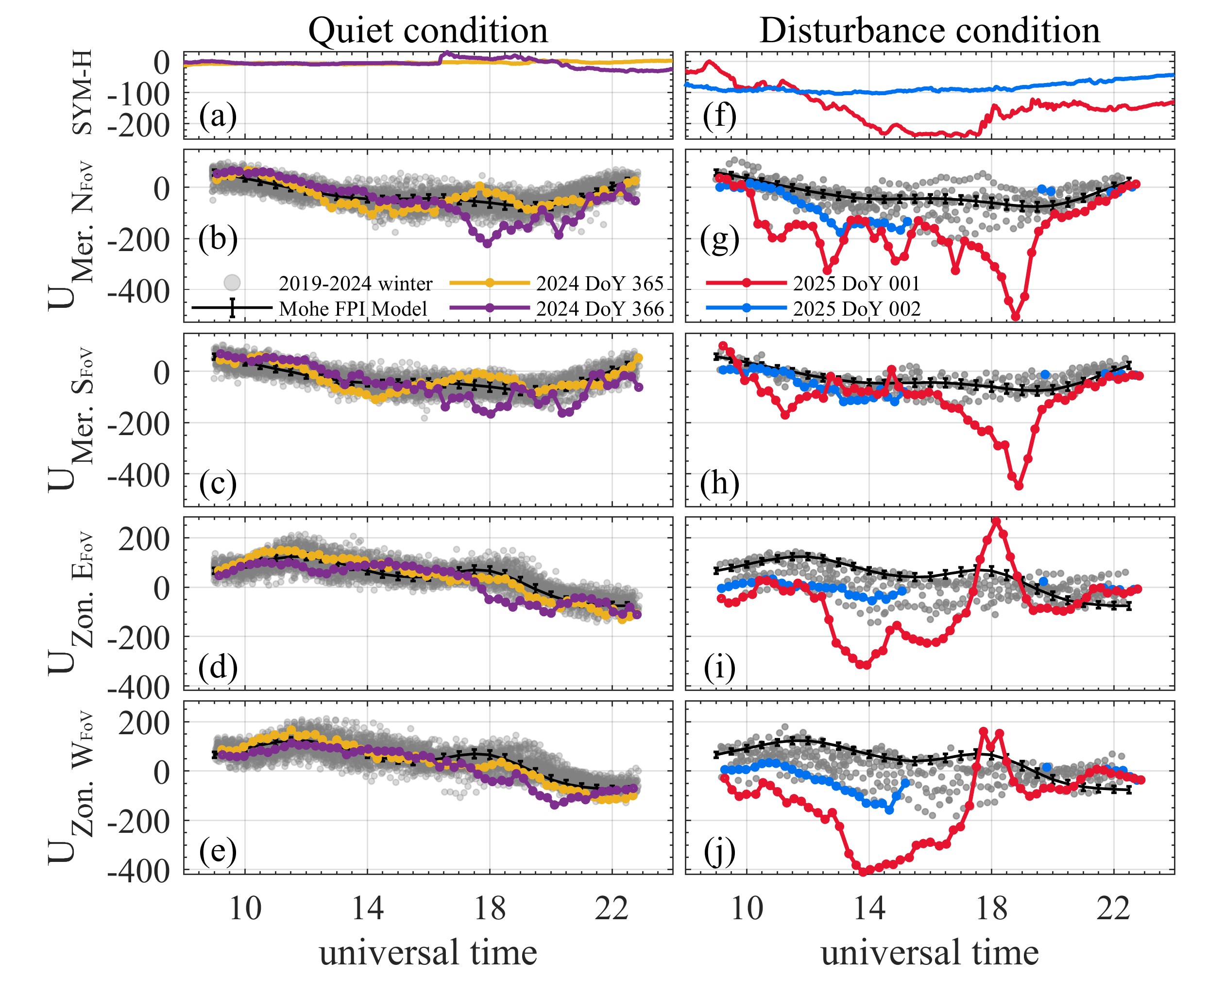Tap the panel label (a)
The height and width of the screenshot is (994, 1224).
pos(218,117)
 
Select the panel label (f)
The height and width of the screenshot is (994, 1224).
pos(719,117)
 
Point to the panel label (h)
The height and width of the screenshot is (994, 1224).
pos(719,484)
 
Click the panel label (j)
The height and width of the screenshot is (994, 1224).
pos(719,851)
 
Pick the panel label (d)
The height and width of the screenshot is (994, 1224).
pos(218,668)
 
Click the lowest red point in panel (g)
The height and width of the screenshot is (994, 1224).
pos(1016,316)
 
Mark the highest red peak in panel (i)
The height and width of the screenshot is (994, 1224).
pos(996,522)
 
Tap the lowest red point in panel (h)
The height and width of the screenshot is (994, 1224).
pos(1019,486)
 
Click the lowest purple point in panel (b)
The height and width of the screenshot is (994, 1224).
pos(487,243)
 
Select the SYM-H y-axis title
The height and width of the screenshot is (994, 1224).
pos(84,93)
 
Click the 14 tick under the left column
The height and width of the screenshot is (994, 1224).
pos(367,909)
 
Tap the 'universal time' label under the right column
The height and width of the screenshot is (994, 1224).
pos(929,953)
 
